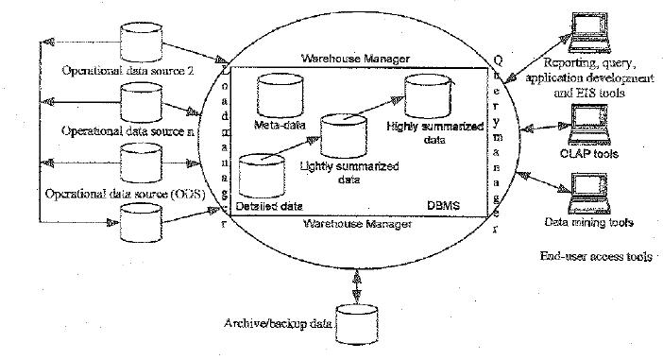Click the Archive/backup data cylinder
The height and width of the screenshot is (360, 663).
(357, 323)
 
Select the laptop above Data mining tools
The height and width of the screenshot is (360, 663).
(579, 194)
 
